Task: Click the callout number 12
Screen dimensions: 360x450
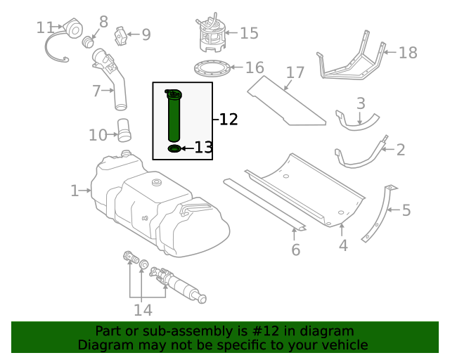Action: [x=229, y=120]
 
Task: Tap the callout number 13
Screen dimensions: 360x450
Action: [x=203, y=148]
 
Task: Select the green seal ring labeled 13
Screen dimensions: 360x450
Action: [x=174, y=148]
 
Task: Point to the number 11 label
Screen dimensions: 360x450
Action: [x=45, y=27]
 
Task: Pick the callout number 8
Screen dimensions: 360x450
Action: [x=103, y=22]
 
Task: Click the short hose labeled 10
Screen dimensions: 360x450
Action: [x=124, y=131]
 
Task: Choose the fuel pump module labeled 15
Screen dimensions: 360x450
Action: [x=210, y=35]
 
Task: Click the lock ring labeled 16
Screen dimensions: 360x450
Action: [x=212, y=68]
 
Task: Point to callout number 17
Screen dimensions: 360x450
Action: [x=295, y=72]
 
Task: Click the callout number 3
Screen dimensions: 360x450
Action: [x=361, y=103]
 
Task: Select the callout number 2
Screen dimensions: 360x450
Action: [x=401, y=149]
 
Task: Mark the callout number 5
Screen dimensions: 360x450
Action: [x=406, y=210]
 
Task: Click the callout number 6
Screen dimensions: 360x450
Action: [x=295, y=250]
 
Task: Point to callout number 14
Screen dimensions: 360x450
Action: [x=143, y=309]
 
